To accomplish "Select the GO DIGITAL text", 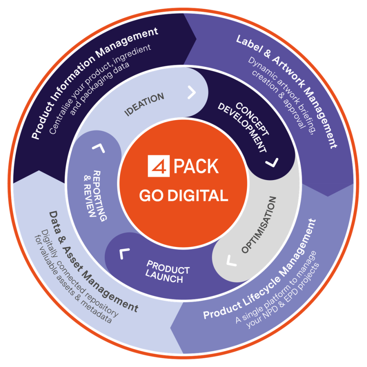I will [x=183, y=196].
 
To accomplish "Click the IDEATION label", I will [x=145, y=104].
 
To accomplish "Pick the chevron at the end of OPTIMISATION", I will [x=231, y=261].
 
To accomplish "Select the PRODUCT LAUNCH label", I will [x=167, y=272].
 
